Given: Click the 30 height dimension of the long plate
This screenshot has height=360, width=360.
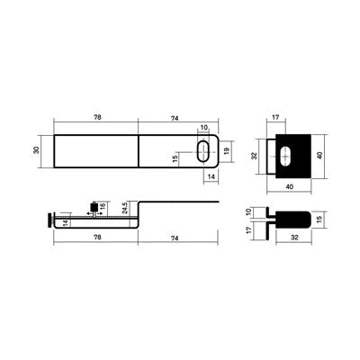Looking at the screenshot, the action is coord(37,150).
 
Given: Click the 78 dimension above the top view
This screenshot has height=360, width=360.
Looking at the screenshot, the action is coord(97,117).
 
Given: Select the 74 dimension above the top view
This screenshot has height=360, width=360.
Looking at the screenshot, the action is coord(175,119).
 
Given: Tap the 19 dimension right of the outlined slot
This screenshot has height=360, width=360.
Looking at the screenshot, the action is coord(227,151).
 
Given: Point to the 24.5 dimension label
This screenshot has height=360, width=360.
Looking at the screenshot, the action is coord(125,208).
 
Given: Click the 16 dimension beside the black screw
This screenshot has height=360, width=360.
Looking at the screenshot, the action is coord(103,206).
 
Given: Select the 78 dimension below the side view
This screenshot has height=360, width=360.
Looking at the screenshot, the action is coord(97,238).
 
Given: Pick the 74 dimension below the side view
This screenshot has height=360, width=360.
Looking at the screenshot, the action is coord(175,238).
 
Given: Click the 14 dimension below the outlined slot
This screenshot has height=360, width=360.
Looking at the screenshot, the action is coord(211,176).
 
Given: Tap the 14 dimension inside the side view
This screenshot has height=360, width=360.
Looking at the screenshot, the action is coord(67,223).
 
